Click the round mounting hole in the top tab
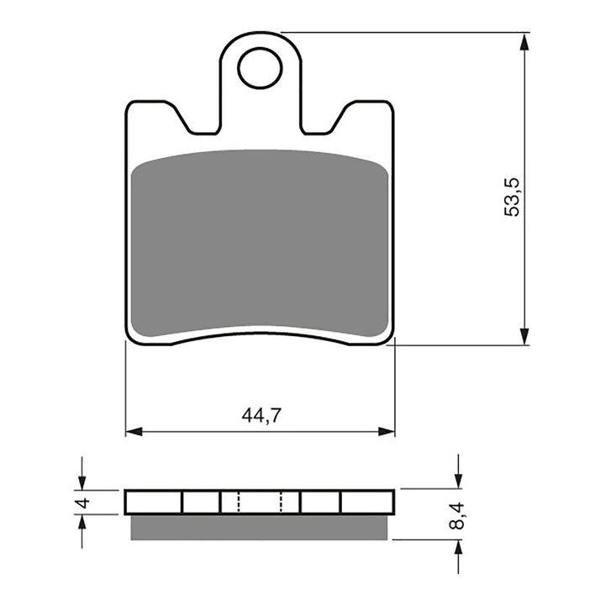[259, 68]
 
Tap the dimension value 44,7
[260, 415]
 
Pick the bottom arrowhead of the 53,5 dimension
[525, 337]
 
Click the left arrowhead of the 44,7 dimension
[133, 432]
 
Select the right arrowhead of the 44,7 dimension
[387, 432]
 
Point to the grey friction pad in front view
[260, 244]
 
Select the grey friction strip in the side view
[260, 527]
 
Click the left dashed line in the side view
[239, 502]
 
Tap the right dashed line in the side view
[281, 502]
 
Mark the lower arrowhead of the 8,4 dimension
[458, 547]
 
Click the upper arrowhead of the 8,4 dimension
[458, 482]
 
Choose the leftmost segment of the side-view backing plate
[154, 502]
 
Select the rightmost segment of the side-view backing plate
[367, 502]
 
